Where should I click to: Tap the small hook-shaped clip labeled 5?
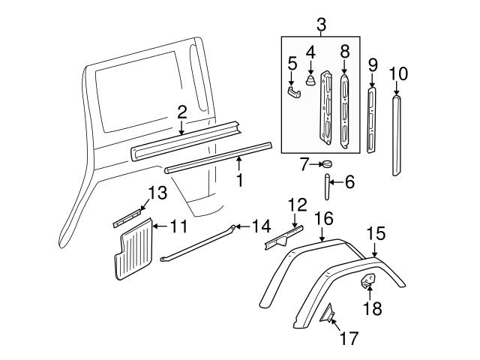(x=293, y=91)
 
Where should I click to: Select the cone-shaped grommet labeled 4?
(x=310, y=80)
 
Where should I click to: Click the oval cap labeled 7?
(x=326, y=165)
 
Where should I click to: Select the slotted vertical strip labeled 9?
(x=371, y=120)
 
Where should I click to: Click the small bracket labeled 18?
(x=368, y=281)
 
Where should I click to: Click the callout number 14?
(x=260, y=226)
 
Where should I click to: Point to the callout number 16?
(x=322, y=218)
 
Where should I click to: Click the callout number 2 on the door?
(x=181, y=112)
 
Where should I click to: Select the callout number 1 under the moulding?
(x=240, y=181)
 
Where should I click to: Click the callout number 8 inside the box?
(x=344, y=52)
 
